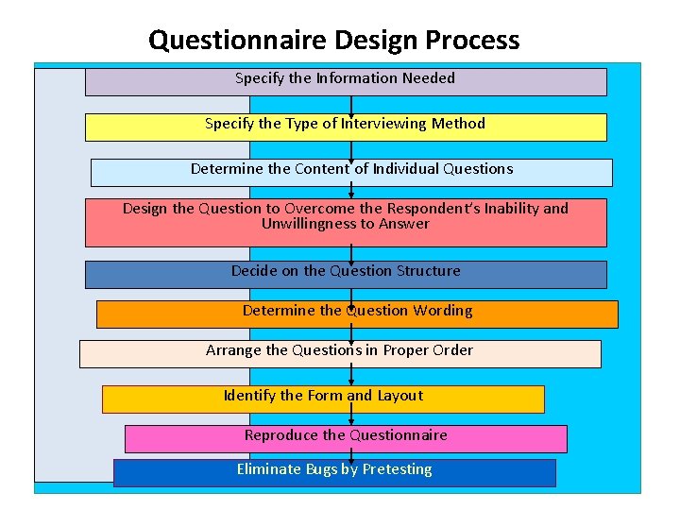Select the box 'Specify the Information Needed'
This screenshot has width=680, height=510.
pyautogui.click(x=345, y=81)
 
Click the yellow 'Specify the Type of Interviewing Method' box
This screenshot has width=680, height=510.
pyautogui.click(x=345, y=127)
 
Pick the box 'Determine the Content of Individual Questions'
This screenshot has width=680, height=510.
pyautogui.click(x=351, y=172)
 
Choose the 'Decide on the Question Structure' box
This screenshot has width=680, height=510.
pyautogui.click(x=346, y=274)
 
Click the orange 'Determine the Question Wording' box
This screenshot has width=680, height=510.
pyautogui.click(x=357, y=314)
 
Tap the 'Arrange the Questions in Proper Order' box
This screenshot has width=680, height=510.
pyautogui.click(x=340, y=353)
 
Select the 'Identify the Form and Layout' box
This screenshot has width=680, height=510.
pyautogui.click(x=323, y=399)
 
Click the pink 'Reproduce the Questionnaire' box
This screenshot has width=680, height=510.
pyautogui.click(x=346, y=438)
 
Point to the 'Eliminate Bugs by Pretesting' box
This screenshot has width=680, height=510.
pyautogui.click(x=334, y=472)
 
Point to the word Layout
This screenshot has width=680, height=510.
pyautogui.click(x=399, y=396)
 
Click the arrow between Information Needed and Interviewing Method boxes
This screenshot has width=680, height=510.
pyautogui.click(x=351, y=105)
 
